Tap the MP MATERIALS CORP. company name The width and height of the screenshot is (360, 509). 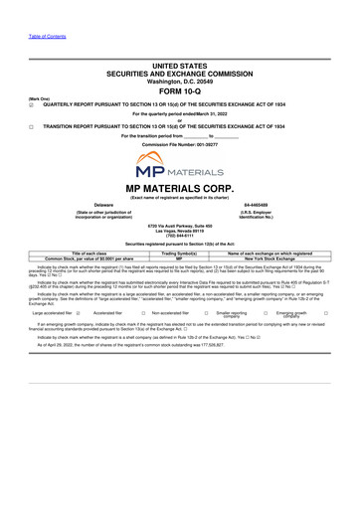tap(179, 187)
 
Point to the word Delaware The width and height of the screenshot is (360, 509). tap(90, 204)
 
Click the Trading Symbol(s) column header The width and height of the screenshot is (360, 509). tap(179, 254)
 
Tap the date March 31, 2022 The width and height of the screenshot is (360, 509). tap(212, 114)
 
